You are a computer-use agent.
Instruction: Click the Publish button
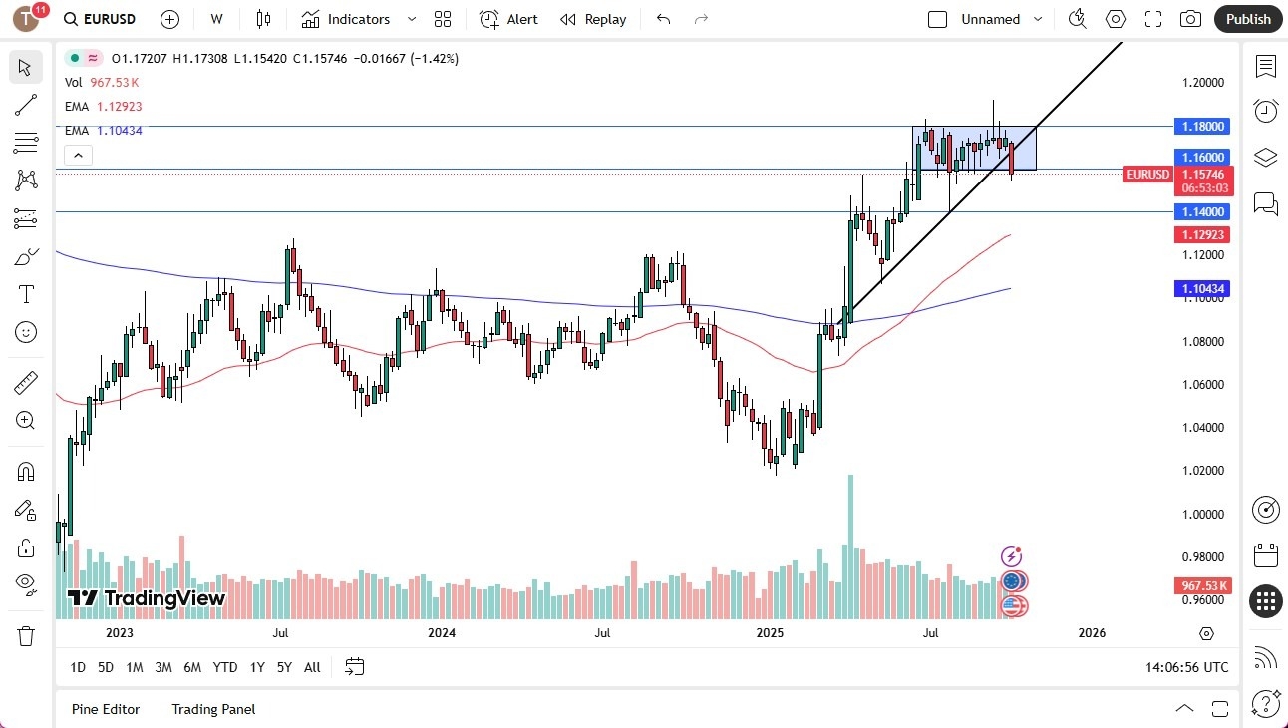[x=1247, y=19]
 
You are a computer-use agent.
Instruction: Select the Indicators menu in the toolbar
[x=346, y=19]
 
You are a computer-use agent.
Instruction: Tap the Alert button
[x=508, y=19]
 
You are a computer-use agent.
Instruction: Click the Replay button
[x=593, y=19]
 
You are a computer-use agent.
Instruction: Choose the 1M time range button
[x=134, y=667]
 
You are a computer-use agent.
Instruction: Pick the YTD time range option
[x=225, y=667]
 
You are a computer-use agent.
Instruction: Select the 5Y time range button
[x=284, y=667]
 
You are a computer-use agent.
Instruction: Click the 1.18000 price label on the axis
[x=1204, y=127]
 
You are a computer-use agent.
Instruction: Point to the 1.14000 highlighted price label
[x=1204, y=211]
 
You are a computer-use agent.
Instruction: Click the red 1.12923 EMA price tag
[x=1204, y=235]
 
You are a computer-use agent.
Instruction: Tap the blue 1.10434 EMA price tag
[x=1204, y=289]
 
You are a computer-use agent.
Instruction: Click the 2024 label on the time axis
[x=442, y=632]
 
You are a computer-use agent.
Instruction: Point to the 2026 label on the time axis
[x=1092, y=632]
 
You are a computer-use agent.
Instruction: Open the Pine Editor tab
[x=106, y=709]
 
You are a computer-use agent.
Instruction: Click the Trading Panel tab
[x=213, y=709]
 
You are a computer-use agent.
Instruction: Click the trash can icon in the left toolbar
[x=26, y=635]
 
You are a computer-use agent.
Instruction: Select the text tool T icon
[x=26, y=294]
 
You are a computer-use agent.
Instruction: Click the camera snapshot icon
[x=1190, y=19]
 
